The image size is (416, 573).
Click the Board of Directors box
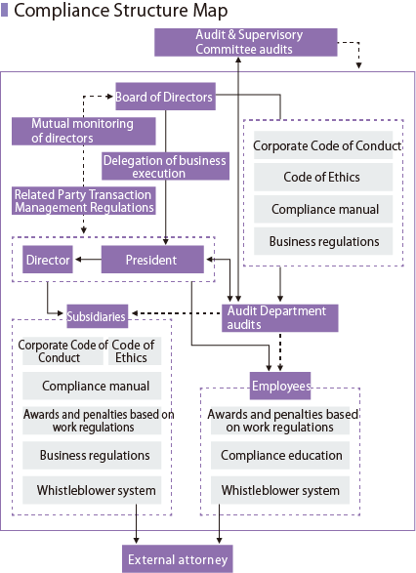click(x=165, y=97)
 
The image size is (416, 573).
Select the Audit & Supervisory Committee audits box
click(x=246, y=42)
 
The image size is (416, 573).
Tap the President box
click(x=152, y=260)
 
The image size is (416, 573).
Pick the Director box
click(x=48, y=260)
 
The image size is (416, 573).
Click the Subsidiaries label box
click(x=98, y=316)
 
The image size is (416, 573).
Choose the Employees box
click(x=280, y=386)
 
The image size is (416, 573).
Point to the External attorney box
click(x=178, y=559)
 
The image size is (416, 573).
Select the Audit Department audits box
click(x=280, y=318)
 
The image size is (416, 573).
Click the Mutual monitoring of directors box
click(x=84, y=131)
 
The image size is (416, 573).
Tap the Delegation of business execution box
click(x=165, y=166)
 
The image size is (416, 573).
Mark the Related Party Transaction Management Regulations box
click(x=84, y=201)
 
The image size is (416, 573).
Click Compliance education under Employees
click(x=280, y=455)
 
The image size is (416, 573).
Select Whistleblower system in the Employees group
click(x=280, y=490)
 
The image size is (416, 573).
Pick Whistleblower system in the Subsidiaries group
click(x=92, y=490)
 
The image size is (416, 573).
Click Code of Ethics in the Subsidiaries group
click(x=135, y=350)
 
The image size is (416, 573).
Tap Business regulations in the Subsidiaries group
click(x=92, y=455)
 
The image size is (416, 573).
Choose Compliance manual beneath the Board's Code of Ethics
click(x=323, y=209)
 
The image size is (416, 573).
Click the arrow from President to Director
click(x=88, y=260)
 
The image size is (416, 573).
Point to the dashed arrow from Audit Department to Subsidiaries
click(x=177, y=313)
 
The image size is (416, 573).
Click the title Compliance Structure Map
click(x=121, y=10)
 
